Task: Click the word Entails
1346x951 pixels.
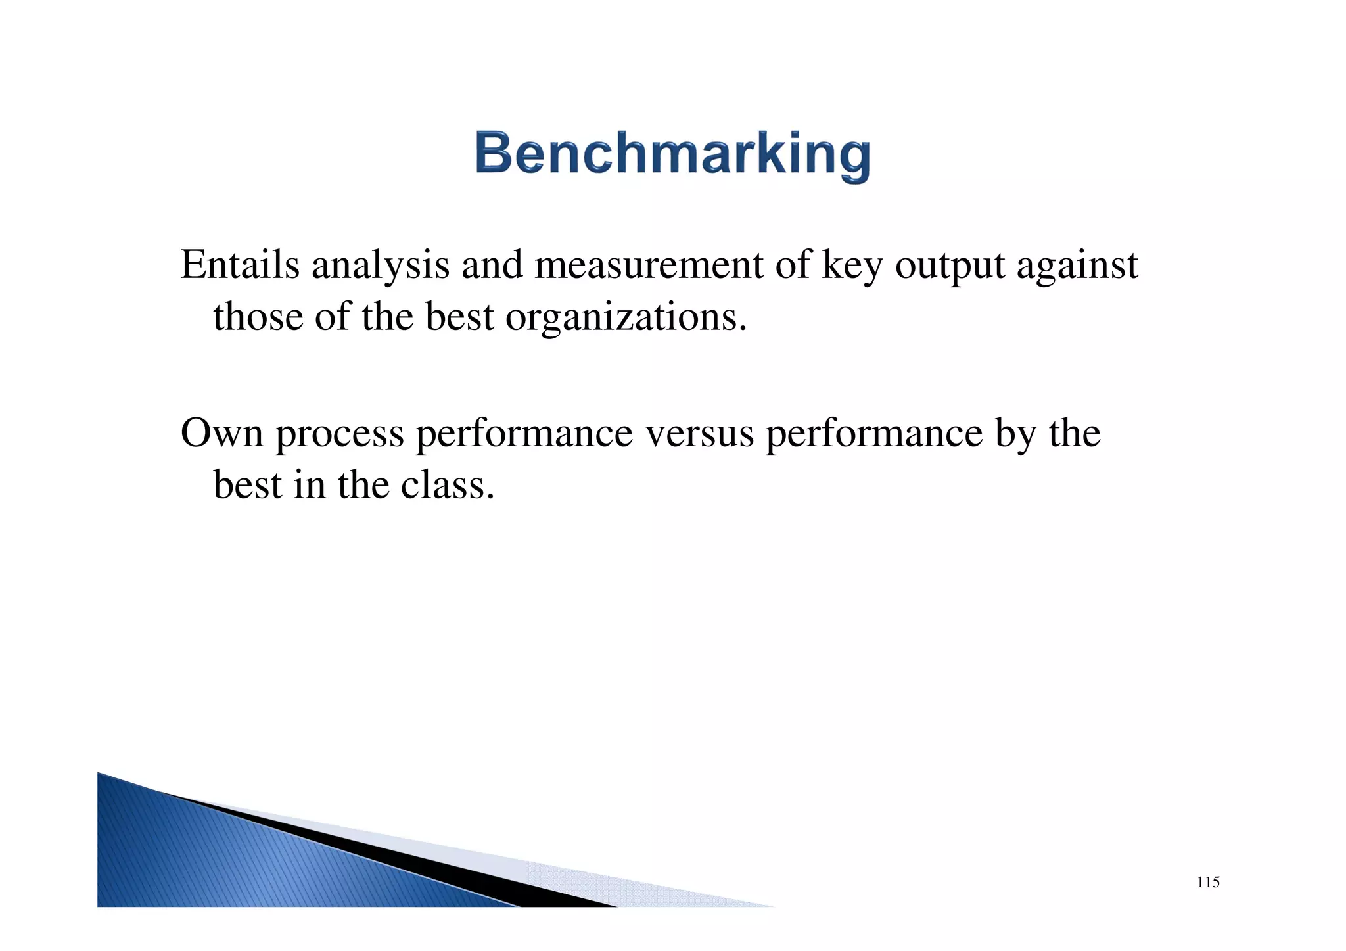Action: pos(240,265)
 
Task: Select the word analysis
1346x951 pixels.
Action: pos(380,265)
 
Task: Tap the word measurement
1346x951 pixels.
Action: pos(649,265)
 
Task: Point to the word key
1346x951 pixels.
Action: pos(852,266)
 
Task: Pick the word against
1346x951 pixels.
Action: pos(1077,266)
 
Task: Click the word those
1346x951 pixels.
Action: pos(258,316)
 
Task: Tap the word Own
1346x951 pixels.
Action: pos(221,433)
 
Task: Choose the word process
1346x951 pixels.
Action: pos(339,434)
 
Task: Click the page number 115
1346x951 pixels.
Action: pos(1208,882)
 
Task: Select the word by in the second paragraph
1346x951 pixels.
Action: pos(1015,434)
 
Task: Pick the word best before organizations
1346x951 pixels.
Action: pos(459,316)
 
